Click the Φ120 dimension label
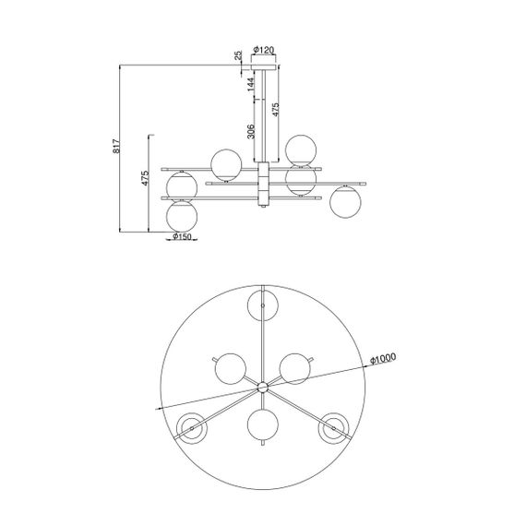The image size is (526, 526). pyautogui.click(x=264, y=51)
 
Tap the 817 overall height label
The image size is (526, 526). pyautogui.click(x=116, y=146)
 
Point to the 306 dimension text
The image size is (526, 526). pyautogui.click(x=251, y=131)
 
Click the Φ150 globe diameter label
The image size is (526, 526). pyautogui.click(x=182, y=237)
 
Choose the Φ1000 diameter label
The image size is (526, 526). pyautogui.click(x=383, y=359)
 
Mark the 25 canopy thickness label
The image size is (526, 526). pyautogui.click(x=238, y=55)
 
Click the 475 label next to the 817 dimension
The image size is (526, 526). pyautogui.click(x=145, y=178)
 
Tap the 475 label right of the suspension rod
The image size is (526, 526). pyautogui.click(x=275, y=110)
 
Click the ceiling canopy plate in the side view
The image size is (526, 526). pyautogui.click(x=265, y=67)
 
